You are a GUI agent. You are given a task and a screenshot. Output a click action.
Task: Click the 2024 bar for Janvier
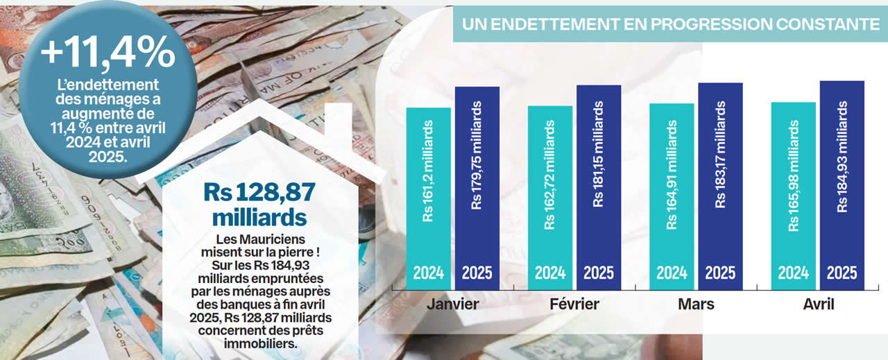point(428,198)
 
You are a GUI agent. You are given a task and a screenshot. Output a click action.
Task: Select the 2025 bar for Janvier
point(477,188)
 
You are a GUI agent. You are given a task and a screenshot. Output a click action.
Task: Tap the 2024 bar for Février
point(550,198)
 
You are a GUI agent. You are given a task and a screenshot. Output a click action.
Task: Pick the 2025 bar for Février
point(599,187)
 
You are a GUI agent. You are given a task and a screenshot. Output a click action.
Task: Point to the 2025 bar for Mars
point(720,186)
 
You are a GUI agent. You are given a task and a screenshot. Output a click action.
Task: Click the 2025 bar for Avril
point(842,185)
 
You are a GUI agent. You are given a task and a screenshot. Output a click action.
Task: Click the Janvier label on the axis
point(452,305)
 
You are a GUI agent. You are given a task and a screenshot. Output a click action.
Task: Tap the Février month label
point(574,305)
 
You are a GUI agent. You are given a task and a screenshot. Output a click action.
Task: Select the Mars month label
point(696,305)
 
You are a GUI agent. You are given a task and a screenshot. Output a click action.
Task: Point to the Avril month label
point(817,305)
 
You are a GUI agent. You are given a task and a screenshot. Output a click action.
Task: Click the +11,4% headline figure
point(108,53)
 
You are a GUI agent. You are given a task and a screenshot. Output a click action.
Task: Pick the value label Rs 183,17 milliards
point(720,155)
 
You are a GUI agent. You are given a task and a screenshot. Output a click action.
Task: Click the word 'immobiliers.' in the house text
point(259,343)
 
